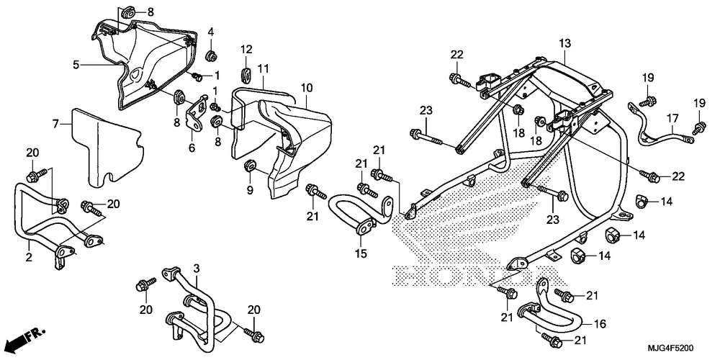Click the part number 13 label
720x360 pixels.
(x=564, y=44)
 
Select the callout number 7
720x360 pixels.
(x=55, y=124)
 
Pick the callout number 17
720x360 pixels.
(x=672, y=119)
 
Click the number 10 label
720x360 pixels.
(x=307, y=87)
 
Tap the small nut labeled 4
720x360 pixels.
(x=212, y=57)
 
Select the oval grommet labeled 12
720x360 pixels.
(x=246, y=76)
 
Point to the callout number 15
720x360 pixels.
(x=361, y=253)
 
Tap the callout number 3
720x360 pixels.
(x=196, y=268)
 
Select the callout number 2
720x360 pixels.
(x=29, y=257)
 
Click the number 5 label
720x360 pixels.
(x=76, y=65)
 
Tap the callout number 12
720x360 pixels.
(x=246, y=49)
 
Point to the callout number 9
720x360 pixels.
(x=251, y=189)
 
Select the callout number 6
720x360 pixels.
(x=192, y=148)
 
